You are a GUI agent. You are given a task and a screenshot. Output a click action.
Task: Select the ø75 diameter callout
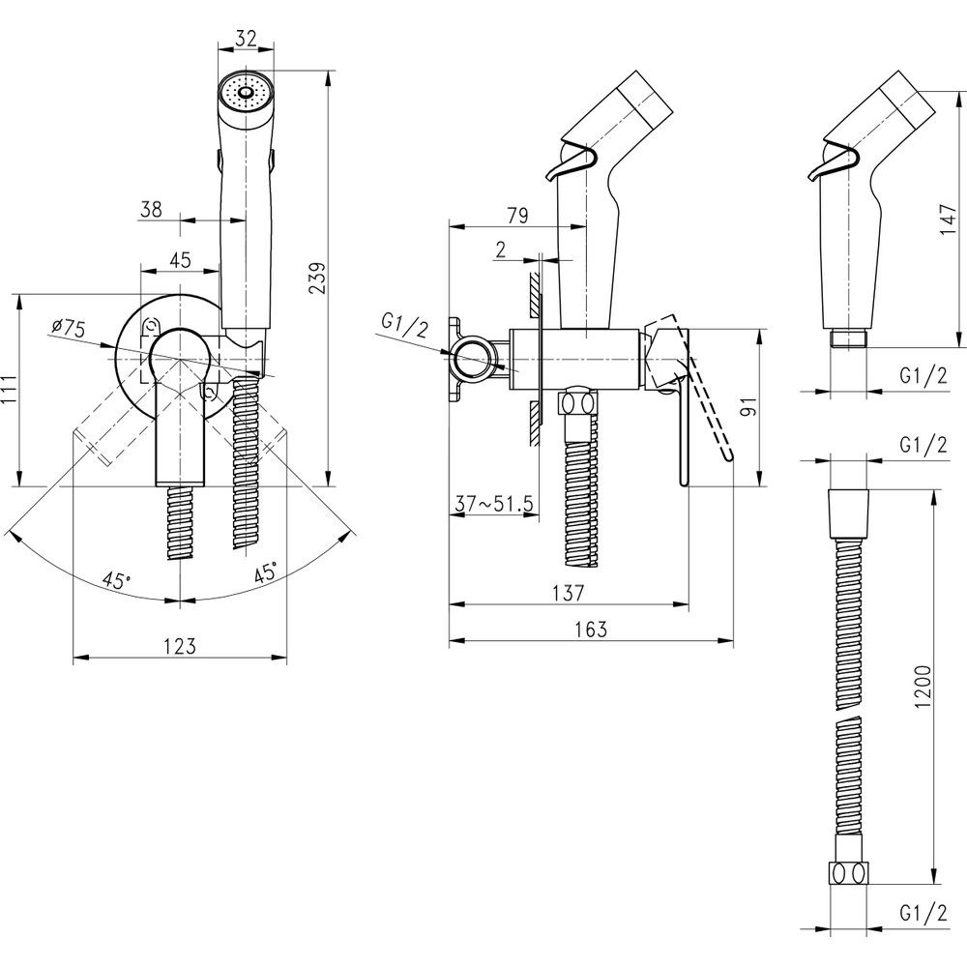point(69,329)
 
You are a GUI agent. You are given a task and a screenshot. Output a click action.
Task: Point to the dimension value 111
point(10,392)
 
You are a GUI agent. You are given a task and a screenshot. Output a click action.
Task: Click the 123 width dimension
point(180,646)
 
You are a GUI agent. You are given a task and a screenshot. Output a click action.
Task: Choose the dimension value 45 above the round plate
point(180,259)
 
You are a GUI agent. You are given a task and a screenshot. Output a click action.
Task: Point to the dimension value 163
point(589,629)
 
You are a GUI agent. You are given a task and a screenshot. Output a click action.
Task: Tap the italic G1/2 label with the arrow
point(406,326)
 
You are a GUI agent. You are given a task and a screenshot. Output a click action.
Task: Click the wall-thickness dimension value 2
point(501,249)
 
